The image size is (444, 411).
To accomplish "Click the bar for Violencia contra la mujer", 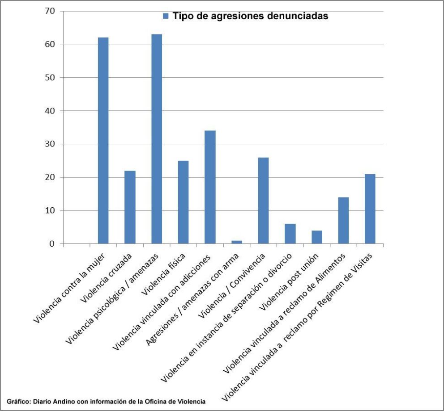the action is pos(103,140).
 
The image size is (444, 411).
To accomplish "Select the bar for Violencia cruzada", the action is pos(130,207).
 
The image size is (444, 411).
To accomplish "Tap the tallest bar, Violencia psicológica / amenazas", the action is pos(157,139).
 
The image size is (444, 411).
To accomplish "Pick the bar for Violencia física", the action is pos(183,202).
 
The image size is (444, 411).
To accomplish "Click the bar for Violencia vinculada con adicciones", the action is pos(210,187).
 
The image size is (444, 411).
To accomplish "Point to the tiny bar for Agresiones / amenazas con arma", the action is pos(237,242).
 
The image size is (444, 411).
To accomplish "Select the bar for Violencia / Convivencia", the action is pos(263,201).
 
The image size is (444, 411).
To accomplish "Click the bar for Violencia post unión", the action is pos(317,237).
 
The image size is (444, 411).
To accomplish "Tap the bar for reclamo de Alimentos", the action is pos(343,221).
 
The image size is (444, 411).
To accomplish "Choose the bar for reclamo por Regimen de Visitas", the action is pos(370,209).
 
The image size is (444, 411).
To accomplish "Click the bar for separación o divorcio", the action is pos(290,234).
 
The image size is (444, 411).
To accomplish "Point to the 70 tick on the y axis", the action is pos(50,11).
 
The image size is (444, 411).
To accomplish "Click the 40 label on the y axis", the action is pos(50,111).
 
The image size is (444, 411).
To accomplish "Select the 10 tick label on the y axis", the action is pos(50,210).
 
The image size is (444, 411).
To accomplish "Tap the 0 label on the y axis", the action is pos(52,243).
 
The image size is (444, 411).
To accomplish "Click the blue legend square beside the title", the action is pos(166,16).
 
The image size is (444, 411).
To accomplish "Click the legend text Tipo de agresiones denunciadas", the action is pos(250,16).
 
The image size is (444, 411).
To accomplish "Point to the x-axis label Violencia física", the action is pos(163,274).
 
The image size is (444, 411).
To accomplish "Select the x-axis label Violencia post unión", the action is pos(289,281).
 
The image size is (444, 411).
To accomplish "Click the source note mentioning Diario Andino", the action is pos(106,401).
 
